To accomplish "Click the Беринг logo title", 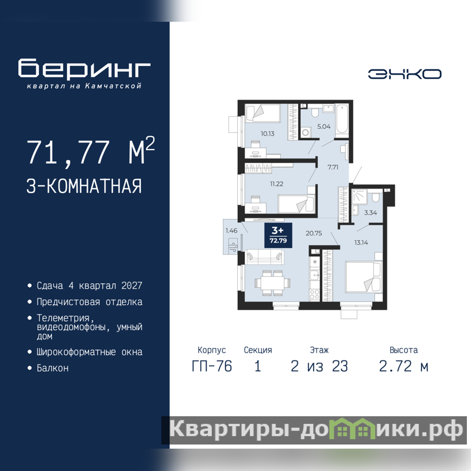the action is click(84, 68).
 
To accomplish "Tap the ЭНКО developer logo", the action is click(404, 74).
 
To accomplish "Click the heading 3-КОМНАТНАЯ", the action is click(84, 186).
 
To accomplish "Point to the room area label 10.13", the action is click(267, 134).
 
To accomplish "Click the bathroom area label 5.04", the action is click(324, 127).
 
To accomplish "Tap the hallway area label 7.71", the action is click(333, 167).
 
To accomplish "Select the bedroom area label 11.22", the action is click(276, 184).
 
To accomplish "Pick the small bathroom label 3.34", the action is click(370, 213).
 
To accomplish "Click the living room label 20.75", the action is click(314, 233).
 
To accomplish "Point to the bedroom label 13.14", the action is click(361, 243).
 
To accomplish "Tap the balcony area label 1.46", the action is click(231, 231).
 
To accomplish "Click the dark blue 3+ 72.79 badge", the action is click(278, 235).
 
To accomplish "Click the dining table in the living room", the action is click(273, 283).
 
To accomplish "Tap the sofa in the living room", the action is click(264, 257).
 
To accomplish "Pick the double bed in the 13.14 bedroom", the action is click(363, 277).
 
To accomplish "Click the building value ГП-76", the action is click(212, 366).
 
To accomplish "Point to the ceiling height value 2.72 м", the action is click(403, 366).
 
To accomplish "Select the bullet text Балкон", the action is click(52, 369).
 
